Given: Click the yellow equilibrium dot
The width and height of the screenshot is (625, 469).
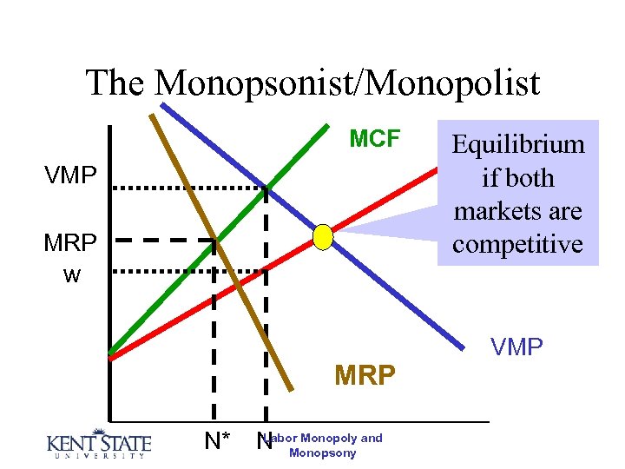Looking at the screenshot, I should [x=323, y=236].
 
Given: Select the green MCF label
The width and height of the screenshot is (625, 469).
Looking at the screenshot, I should [x=374, y=139].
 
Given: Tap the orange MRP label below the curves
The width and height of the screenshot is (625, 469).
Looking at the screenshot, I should [x=365, y=376].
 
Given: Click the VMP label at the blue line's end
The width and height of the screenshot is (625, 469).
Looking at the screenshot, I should [x=516, y=347].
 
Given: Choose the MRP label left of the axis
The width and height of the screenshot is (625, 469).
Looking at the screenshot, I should [x=70, y=243].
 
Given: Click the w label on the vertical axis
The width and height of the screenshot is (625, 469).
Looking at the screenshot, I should [x=72, y=275].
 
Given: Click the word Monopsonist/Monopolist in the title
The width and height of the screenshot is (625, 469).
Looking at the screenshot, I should [x=348, y=83].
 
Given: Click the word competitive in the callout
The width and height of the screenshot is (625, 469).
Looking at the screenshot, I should [x=517, y=244].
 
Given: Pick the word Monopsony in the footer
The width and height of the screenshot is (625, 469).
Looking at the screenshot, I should [x=322, y=453].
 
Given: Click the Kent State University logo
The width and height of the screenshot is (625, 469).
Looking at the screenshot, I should [x=98, y=444].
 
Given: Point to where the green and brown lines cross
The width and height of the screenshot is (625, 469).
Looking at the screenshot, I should [x=215, y=241].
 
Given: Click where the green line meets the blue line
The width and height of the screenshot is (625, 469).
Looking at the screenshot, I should [x=266, y=188].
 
